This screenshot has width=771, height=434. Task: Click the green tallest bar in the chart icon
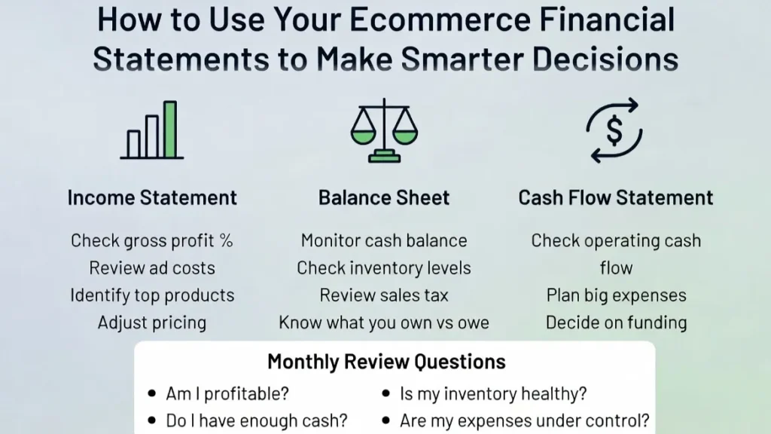pos(170,129)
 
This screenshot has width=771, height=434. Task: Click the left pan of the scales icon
pos(364,136)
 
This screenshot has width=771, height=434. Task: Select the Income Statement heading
pos(152,198)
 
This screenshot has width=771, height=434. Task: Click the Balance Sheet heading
pos(384,198)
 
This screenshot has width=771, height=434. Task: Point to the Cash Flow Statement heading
pos(616,198)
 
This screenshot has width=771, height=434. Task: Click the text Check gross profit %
pos(152,241)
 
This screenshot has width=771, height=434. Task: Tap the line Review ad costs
pos(152,268)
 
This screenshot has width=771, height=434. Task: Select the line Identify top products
pos(152,295)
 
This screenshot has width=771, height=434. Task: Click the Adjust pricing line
pos(152,322)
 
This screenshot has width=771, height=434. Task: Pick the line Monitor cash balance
pos(384,241)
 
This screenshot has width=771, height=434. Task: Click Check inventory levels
pos(384,268)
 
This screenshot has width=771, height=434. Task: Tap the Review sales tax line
pos(384,295)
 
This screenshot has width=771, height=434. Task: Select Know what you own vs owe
pos(384,322)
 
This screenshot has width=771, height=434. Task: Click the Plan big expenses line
pos(616,295)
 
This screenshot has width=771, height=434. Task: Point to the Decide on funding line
pos(616,322)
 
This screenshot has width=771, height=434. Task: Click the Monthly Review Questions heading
pos(386,362)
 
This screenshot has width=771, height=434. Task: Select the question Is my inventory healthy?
pos(493,393)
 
